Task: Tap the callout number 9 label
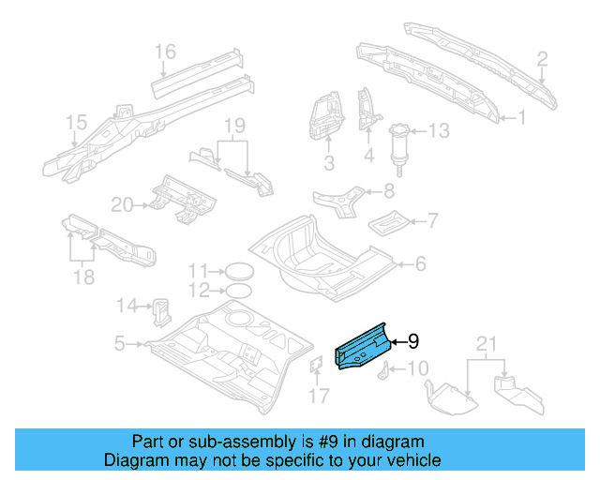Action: click(x=412, y=342)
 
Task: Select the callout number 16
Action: click(x=165, y=51)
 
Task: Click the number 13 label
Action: click(x=440, y=130)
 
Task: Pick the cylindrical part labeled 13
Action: click(x=402, y=143)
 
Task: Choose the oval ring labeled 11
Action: click(x=240, y=271)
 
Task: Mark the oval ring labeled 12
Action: click(x=240, y=290)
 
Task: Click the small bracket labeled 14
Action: click(x=162, y=306)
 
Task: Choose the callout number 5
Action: click(x=119, y=344)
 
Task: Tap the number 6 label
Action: click(x=419, y=264)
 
